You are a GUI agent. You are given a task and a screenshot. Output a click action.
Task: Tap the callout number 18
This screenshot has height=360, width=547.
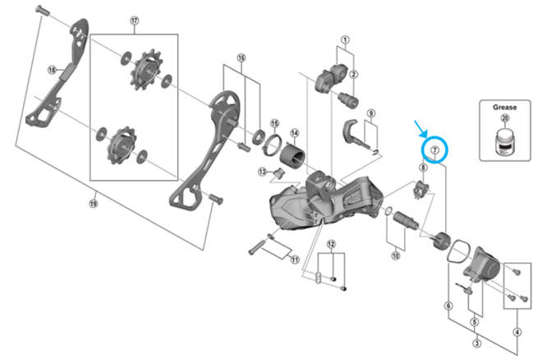point(52,70)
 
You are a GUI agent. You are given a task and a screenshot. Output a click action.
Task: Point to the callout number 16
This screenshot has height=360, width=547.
point(241,58)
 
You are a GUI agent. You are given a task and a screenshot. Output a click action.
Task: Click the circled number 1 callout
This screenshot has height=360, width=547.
point(345,39)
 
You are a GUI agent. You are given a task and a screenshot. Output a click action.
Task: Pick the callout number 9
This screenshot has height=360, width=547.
point(370,113)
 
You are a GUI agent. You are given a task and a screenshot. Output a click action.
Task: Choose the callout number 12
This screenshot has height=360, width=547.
point(331,244)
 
